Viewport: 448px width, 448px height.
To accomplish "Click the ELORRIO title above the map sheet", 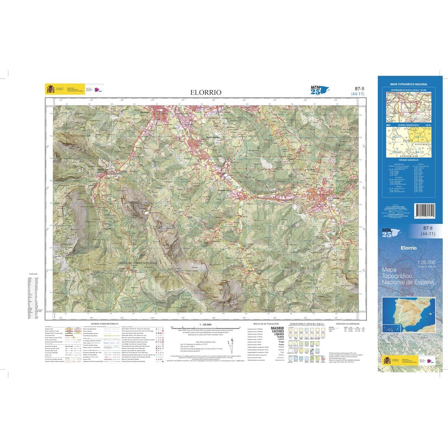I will (206, 92).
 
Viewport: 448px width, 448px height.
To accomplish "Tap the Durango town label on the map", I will (145, 112).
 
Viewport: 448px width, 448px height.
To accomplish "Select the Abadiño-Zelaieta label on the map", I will (209, 137).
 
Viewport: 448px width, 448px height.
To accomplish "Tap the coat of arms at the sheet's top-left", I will (50, 89).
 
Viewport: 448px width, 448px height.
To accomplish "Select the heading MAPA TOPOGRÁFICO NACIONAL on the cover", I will (409, 85).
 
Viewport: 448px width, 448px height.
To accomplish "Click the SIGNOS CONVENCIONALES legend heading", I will (104, 324).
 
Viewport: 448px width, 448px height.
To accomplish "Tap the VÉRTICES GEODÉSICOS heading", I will (348, 324).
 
